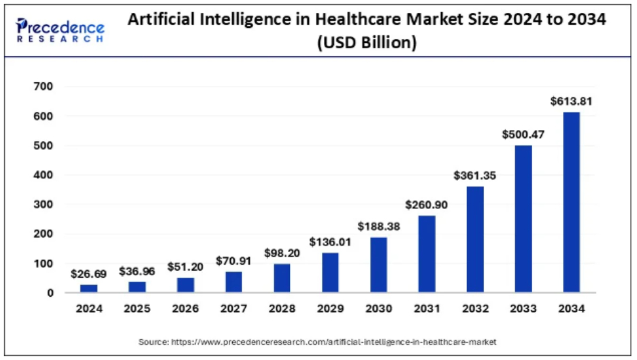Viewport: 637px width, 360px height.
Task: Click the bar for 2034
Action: point(571,202)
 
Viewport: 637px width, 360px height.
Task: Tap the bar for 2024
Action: point(88,289)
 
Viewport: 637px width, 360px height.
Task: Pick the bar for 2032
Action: point(474,240)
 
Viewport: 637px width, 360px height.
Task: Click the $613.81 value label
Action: point(571,101)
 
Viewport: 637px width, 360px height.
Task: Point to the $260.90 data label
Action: point(426,204)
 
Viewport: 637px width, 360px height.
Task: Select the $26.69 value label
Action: point(88,274)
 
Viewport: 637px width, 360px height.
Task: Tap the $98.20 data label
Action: point(282,252)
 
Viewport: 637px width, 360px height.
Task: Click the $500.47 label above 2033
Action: point(523,134)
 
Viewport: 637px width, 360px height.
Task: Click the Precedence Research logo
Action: point(60,31)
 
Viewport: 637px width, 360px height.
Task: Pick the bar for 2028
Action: point(282,278)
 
